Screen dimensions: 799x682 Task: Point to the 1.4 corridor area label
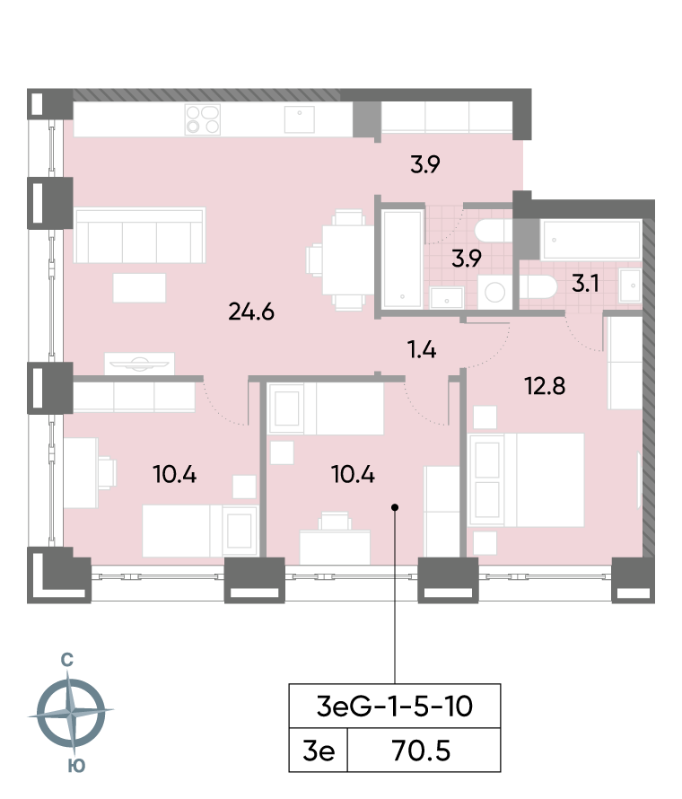pyautogui.click(x=420, y=350)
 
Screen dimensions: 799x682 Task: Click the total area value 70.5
pyautogui.click(x=421, y=751)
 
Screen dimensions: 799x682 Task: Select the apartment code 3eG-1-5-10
pyautogui.click(x=395, y=707)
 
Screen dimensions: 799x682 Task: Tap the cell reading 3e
pyautogui.click(x=318, y=751)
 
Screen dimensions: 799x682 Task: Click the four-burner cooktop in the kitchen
pyautogui.click(x=203, y=119)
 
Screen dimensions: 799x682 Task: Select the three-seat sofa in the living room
pyautogui.click(x=140, y=235)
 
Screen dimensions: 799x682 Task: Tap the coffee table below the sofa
pyautogui.click(x=139, y=287)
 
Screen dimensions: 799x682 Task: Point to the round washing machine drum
pyautogui.click(x=493, y=291)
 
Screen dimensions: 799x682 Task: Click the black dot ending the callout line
pyautogui.click(x=395, y=508)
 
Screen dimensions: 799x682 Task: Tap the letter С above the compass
pyautogui.click(x=66, y=660)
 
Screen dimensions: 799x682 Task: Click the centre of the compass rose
pyautogui.click(x=72, y=713)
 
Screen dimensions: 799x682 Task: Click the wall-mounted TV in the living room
pyautogui.click(x=139, y=364)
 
